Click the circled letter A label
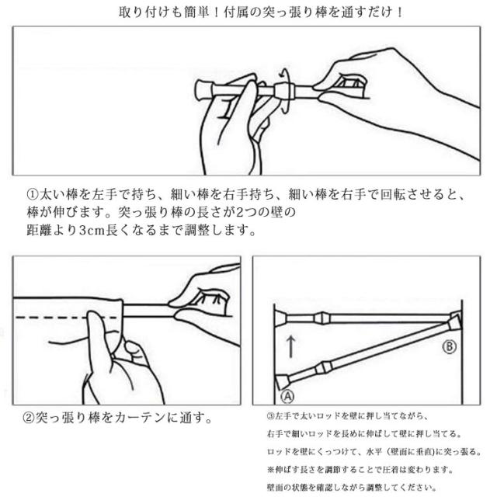287,396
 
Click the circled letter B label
449,346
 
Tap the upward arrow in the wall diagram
290,347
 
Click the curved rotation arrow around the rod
285,90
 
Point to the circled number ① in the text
33,194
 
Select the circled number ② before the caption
29,418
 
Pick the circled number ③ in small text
271,416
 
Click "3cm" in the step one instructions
92,231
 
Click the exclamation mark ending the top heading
400,12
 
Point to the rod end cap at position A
283,381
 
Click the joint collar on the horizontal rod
322,318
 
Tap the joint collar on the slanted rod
324,369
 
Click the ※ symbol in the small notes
271,469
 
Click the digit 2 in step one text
240,212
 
